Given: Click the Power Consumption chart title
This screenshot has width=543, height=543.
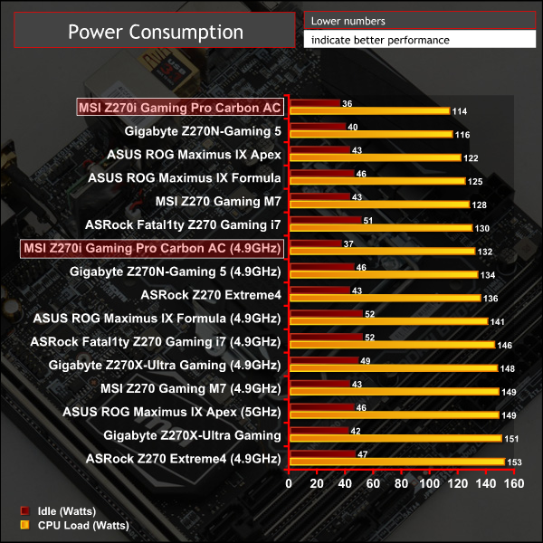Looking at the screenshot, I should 156,33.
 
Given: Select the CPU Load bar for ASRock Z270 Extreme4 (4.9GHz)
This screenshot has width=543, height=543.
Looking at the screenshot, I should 395,462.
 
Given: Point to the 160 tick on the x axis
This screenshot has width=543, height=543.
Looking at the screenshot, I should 514,483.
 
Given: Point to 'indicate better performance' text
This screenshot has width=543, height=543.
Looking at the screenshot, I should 380,40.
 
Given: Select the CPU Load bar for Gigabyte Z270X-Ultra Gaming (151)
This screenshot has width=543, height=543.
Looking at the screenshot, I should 395,439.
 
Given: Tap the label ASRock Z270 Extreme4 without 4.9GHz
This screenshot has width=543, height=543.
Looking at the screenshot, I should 211,294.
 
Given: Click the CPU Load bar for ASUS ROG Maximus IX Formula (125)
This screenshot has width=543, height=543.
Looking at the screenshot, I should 376,182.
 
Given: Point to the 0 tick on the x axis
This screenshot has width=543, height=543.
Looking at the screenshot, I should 289,483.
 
